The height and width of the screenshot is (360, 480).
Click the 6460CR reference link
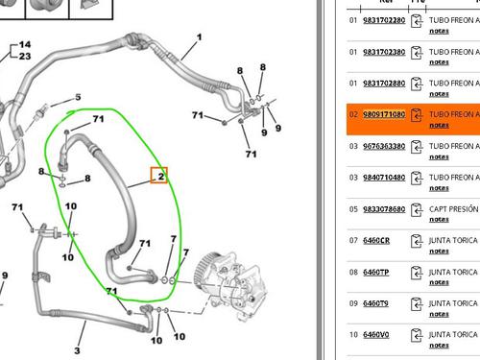pos(375,240)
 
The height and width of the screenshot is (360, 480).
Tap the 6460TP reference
pos(375,272)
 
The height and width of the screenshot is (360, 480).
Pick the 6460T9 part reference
pos(375,303)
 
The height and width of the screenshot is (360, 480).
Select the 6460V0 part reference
pos(375,335)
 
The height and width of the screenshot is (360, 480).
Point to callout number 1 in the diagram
pos(199,37)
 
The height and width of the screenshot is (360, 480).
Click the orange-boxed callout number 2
pos(161,176)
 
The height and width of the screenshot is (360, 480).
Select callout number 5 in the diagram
pos(78,97)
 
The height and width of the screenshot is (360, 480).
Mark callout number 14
pos(24,45)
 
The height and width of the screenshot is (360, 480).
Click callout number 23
pos(24,57)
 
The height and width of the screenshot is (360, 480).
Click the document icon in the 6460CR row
pos(417,241)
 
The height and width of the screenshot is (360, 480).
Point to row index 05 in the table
pos(352,208)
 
